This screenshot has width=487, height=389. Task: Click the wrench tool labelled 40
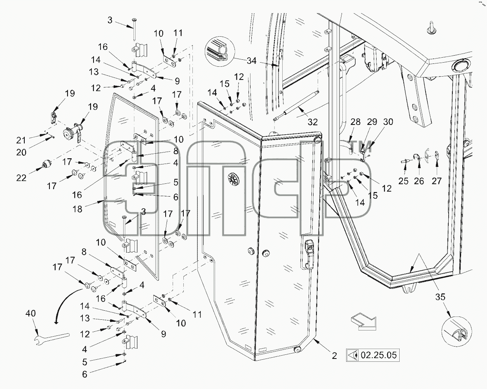51,339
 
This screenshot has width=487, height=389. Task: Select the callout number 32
312,122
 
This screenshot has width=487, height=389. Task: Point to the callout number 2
334,356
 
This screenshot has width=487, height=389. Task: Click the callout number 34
252,61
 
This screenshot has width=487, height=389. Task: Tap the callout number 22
21,178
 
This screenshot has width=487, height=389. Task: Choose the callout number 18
77,209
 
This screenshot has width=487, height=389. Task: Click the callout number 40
30,314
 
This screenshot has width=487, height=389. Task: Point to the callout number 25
403,180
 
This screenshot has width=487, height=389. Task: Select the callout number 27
436,180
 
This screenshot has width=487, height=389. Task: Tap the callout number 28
356,122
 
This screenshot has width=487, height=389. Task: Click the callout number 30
388,122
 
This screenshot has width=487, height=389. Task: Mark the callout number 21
21,141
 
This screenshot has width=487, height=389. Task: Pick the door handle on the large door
309,254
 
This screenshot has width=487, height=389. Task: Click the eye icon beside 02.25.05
353,355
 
